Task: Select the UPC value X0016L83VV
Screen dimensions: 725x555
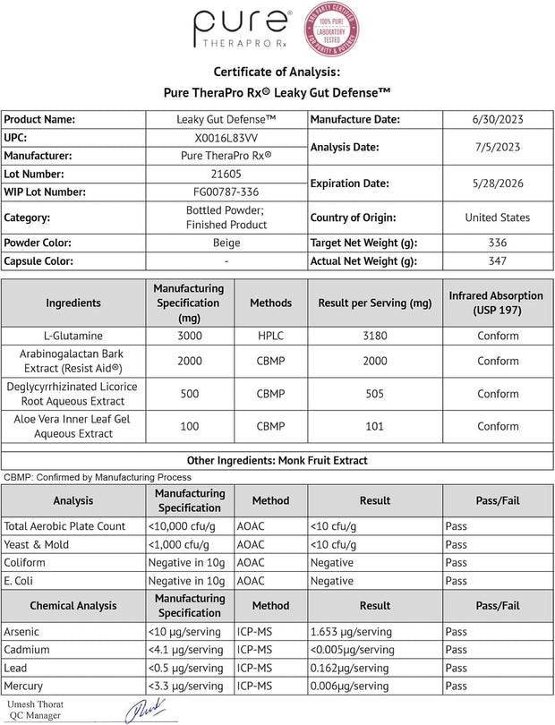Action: pyautogui.click(x=226, y=138)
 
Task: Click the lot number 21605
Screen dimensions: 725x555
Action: pyautogui.click(x=226, y=174)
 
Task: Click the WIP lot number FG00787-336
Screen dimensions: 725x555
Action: pyautogui.click(x=226, y=192)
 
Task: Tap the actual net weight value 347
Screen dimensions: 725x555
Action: pyautogui.click(x=497, y=261)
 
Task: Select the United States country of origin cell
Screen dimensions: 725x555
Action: pyautogui.click(x=497, y=217)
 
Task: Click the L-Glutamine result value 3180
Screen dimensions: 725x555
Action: pyautogui.click(x=375, y=336)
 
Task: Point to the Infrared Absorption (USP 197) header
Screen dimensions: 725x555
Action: pyautogui.click(x=497, y=303)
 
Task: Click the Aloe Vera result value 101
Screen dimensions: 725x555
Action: pyautogui.click(x=375, y=426)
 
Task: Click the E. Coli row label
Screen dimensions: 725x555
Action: pyautogui.click(x=27, y=581)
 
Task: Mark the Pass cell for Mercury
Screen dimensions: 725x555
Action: pyautogui.click(x=456, y=686)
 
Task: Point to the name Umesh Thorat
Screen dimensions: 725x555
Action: pyautogui.click(x=32, y=704)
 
